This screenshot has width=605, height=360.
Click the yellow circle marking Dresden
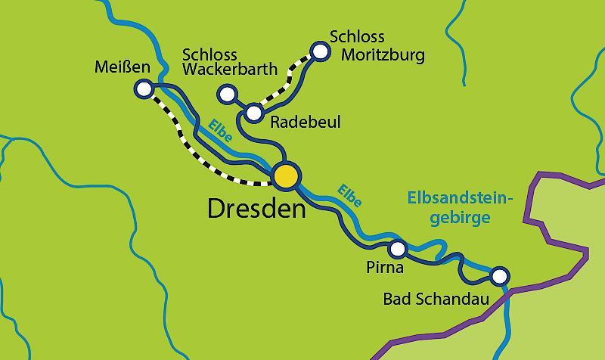click(286, 175)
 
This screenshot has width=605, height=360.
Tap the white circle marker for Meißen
click(143, 89)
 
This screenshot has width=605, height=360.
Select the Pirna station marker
click(397, 248)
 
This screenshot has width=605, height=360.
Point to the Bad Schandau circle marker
click(498, 276)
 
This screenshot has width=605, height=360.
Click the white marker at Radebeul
click(254, 114)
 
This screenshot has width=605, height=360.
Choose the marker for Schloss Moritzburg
click(321, 51)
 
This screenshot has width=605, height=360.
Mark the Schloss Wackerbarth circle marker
click(226, 94)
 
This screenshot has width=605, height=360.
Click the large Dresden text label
click(256, 209)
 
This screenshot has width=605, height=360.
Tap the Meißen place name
click(123, 67)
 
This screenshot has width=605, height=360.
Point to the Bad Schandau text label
click(433, 299)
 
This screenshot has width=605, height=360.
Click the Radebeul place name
click(306, 123)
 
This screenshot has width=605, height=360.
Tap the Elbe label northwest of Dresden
click(220, 131)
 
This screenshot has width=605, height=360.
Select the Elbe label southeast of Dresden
click(349, 195)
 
